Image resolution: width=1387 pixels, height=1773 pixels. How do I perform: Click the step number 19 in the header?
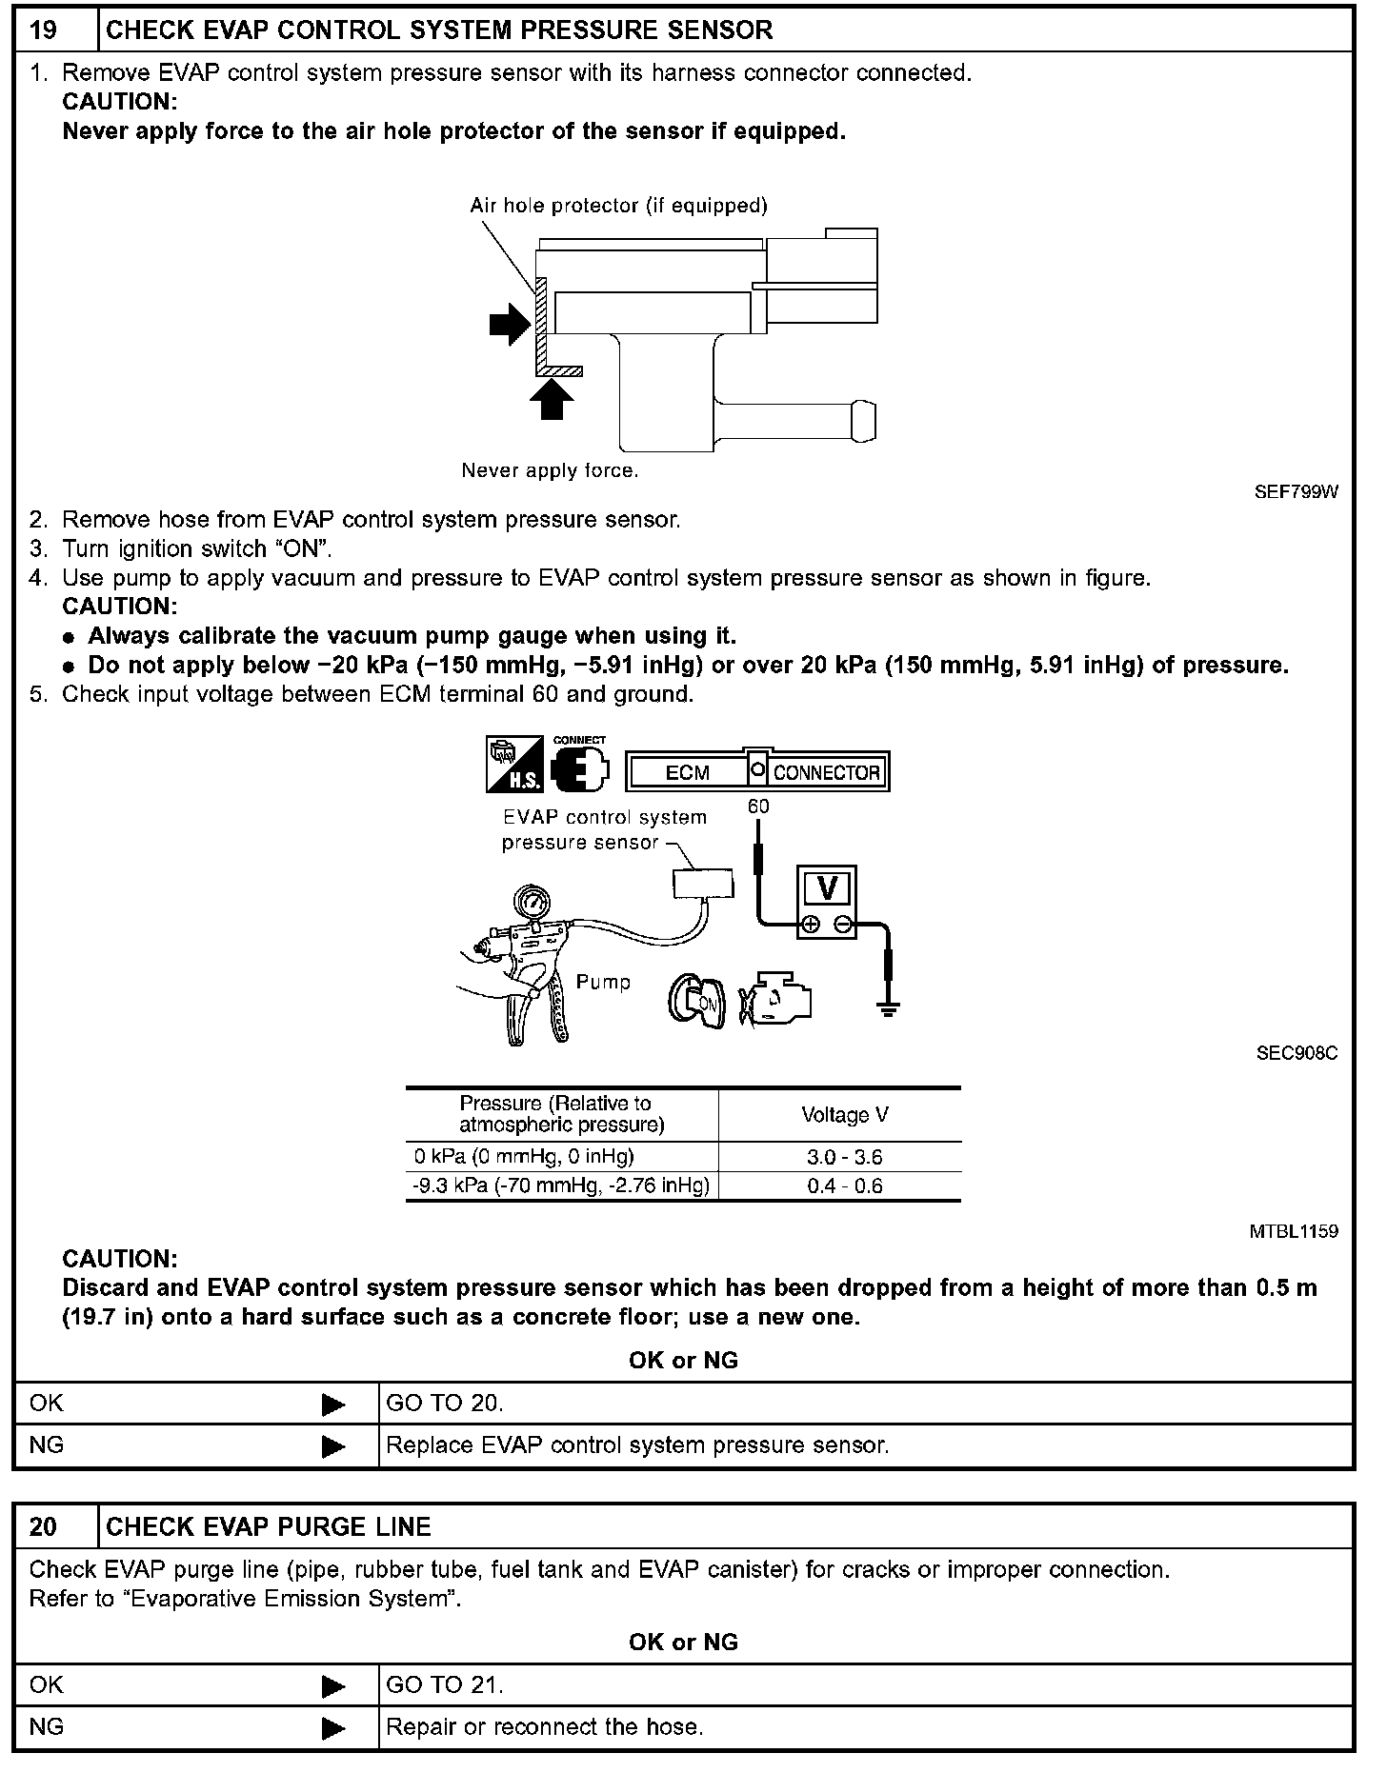[44, 30]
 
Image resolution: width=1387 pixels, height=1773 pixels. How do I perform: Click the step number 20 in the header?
[44, 1526]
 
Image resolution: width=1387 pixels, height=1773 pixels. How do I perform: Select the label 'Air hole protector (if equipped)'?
[618, 206]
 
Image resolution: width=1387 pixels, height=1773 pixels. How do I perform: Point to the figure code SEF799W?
[1296, 492]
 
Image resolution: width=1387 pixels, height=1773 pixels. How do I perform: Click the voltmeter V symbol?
[827, 888]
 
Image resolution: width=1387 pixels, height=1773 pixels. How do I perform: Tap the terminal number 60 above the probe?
[757, 807]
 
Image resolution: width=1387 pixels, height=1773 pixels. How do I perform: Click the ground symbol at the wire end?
[888, 1009]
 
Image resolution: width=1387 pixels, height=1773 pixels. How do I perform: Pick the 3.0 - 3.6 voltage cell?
[844, 1157]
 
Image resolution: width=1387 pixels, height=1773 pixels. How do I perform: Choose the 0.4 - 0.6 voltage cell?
[844, 1185]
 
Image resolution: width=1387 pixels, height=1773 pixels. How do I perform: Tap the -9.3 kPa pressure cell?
[561, 1185]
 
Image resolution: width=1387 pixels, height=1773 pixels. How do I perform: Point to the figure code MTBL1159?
[1293, 1231]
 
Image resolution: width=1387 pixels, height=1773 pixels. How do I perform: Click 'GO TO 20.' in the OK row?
[444, 1403]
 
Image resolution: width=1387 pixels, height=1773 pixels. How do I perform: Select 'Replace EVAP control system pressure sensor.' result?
[637, 1444]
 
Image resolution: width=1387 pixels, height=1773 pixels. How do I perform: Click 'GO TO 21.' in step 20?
[444, 1684]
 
